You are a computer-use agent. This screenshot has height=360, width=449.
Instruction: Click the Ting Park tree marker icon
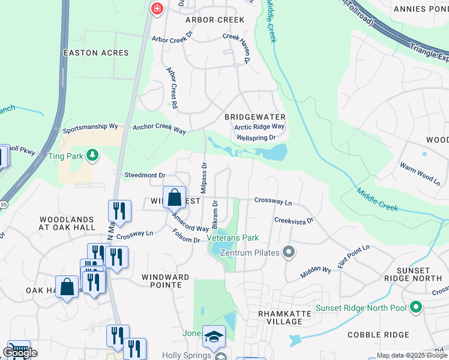point(92,157)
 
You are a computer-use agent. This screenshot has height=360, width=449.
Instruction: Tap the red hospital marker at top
point(157,8)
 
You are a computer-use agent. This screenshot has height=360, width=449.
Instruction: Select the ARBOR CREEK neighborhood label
point(215,20)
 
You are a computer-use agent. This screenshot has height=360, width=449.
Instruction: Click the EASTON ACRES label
point(96,53)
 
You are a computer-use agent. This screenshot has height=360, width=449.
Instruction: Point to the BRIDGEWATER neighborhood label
point(255,116)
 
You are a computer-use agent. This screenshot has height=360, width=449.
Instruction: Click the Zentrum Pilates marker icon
point(289,253)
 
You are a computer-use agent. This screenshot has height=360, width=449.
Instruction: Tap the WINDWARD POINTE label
point(166,281)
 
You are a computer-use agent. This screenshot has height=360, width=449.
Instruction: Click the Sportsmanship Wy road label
point(90,129)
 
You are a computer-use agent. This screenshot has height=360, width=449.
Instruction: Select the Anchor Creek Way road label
point(159,128)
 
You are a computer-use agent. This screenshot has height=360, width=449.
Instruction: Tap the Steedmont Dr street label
point(144,175)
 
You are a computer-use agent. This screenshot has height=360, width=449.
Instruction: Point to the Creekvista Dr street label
point(294,221)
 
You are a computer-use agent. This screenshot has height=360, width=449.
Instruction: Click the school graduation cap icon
point(214,337)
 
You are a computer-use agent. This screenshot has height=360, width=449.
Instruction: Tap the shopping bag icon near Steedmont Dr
point(174,196)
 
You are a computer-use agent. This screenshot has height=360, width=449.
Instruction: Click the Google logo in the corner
point(20,353)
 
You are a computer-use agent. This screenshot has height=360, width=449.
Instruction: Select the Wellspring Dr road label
point(256,137)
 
